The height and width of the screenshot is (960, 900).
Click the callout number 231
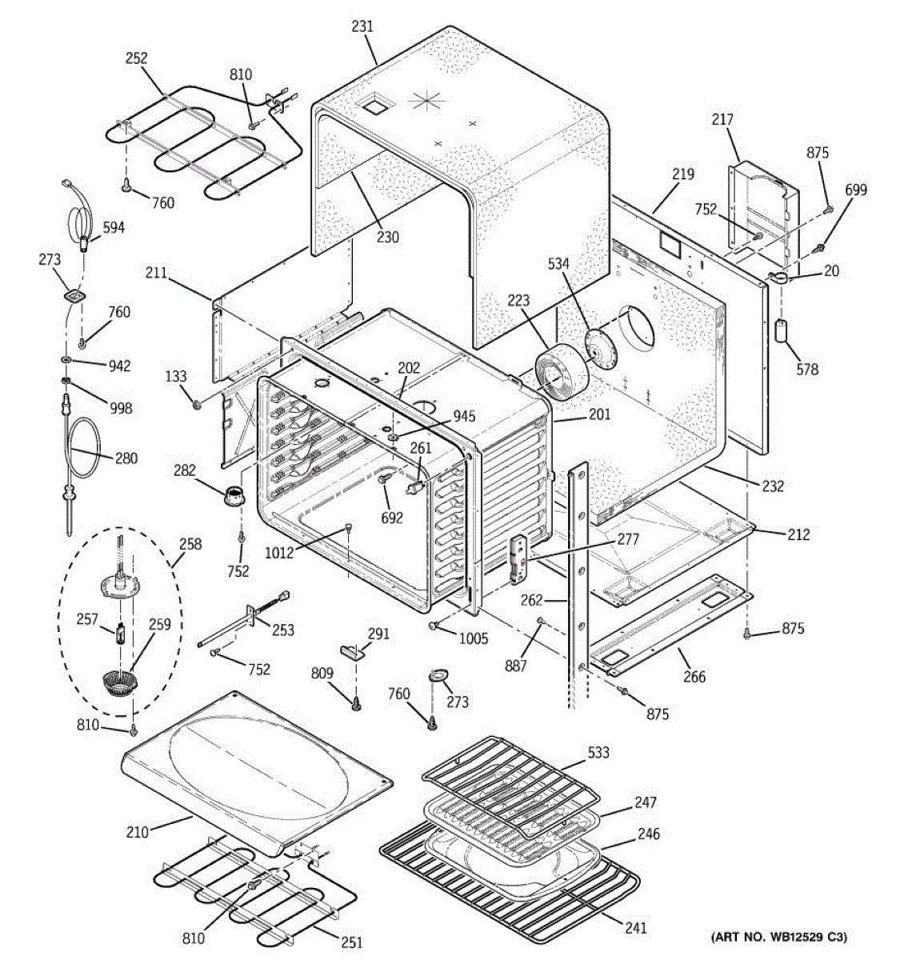(x=362, y=26)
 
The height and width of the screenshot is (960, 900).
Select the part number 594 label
(x=114, y=227)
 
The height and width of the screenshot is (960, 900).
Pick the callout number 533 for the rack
(x=598, y=752)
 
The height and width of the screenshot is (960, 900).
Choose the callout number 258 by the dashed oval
(x=190, y=545)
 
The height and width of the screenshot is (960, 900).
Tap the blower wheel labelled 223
(x=561, y=373)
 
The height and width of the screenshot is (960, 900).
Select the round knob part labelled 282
(x=234, y=497)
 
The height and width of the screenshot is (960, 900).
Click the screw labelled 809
(x=356, y=704)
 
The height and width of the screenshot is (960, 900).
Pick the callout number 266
(x=694, y=677)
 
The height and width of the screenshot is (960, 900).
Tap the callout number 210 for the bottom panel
(x=137, y=832)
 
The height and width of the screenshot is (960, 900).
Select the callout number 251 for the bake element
(x=350, y=943)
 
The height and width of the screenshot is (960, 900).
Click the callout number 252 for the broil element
(x=137, y=58)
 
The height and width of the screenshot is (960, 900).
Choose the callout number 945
(x=463, y=416)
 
